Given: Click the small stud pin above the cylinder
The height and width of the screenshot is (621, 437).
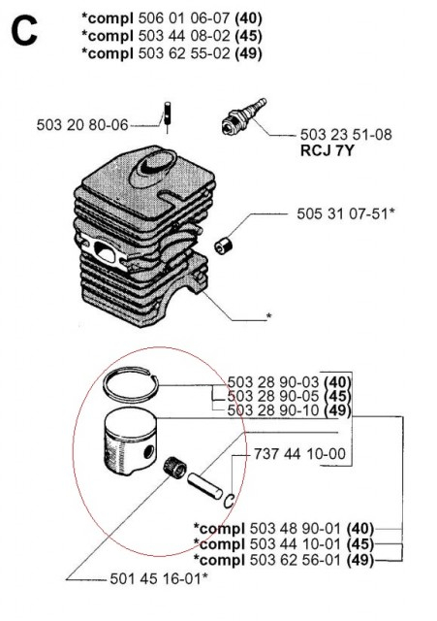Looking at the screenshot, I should pos(166,107).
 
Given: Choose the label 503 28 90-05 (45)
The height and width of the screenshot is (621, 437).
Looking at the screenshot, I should pos(289,396).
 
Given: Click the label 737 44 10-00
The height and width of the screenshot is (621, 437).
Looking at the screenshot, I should pos(298,453).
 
